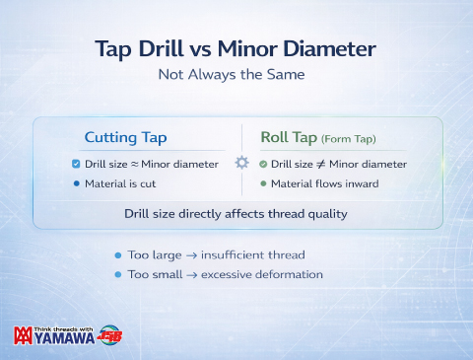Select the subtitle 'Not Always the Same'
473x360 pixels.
tap(236, 74)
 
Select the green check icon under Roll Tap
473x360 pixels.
tap(263, 164)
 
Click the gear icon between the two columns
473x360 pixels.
tap(241, 162)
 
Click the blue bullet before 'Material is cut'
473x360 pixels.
tap(77, 183)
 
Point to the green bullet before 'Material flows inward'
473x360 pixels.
tap(263, 183)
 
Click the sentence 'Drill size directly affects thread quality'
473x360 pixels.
tap(236, 212)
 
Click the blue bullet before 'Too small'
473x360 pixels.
tap(118, 273)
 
